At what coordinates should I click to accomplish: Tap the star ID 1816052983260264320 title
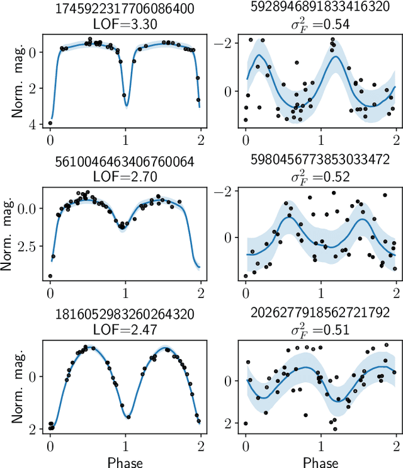click(x=126, y=314)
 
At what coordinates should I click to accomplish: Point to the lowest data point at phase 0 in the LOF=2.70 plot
click(x=50, y=276)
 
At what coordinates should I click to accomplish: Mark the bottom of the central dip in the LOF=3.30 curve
click(x=127, y=105)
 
